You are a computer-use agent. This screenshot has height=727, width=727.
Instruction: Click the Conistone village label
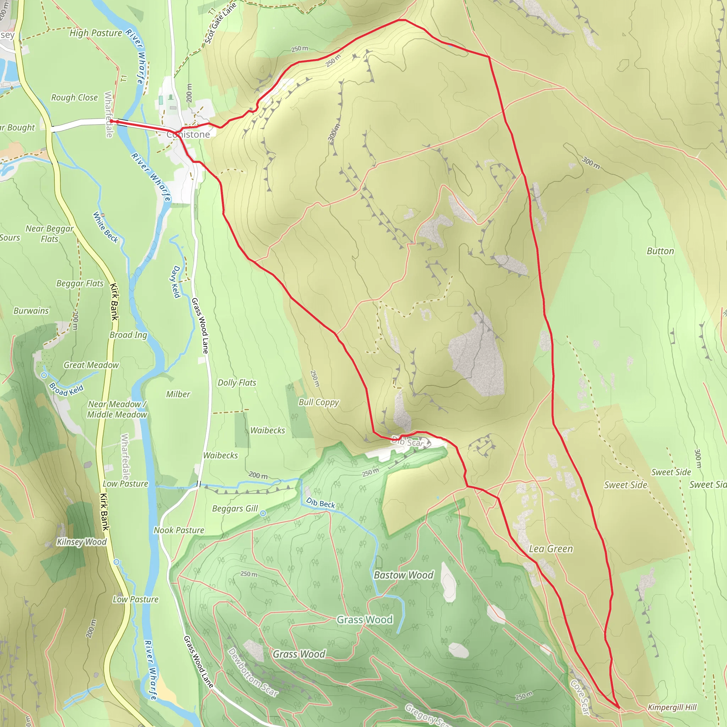(188, 134)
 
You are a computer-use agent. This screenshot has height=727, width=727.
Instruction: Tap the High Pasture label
(95, 33)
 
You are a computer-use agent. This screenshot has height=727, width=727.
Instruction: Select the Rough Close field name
(75, 98)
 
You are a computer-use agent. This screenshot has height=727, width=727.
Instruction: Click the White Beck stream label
(105, 227)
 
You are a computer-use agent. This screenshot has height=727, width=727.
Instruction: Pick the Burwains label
(31, 311)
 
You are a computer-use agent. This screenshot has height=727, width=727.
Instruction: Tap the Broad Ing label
(128, 335)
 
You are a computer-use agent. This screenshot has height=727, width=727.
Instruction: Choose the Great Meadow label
(91, 365)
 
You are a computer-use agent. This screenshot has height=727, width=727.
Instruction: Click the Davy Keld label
(176, 281)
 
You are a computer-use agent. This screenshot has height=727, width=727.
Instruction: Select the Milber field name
(178, 394)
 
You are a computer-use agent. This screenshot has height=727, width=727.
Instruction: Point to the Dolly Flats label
(237, 383)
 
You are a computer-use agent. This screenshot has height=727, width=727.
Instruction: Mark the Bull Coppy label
(319, 402)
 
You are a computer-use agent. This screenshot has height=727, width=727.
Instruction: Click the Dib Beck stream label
(320, 503)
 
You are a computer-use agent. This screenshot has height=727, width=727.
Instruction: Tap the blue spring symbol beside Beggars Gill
(263, 513)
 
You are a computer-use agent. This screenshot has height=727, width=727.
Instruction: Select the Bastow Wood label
(403, 575)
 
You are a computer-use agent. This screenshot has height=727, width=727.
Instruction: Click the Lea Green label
(551, 549)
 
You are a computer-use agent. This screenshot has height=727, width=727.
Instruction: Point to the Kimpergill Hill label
(672, 707)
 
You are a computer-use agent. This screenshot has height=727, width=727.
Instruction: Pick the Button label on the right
(660, 251)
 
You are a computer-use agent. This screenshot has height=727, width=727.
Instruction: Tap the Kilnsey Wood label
(82, 542)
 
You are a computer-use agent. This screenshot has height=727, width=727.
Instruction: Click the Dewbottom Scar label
(253, 672)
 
